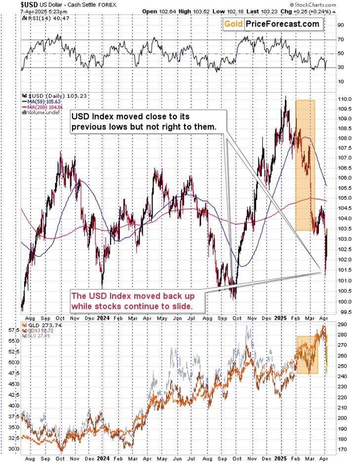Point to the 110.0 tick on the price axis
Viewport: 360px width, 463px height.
tap(344, 99)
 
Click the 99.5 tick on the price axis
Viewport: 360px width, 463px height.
tap(344, 312)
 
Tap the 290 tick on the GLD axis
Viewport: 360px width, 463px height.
tap(343, 324)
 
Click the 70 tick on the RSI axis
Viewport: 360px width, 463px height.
tap(341, 39)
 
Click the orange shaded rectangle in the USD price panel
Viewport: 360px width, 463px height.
tap(305, 165)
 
